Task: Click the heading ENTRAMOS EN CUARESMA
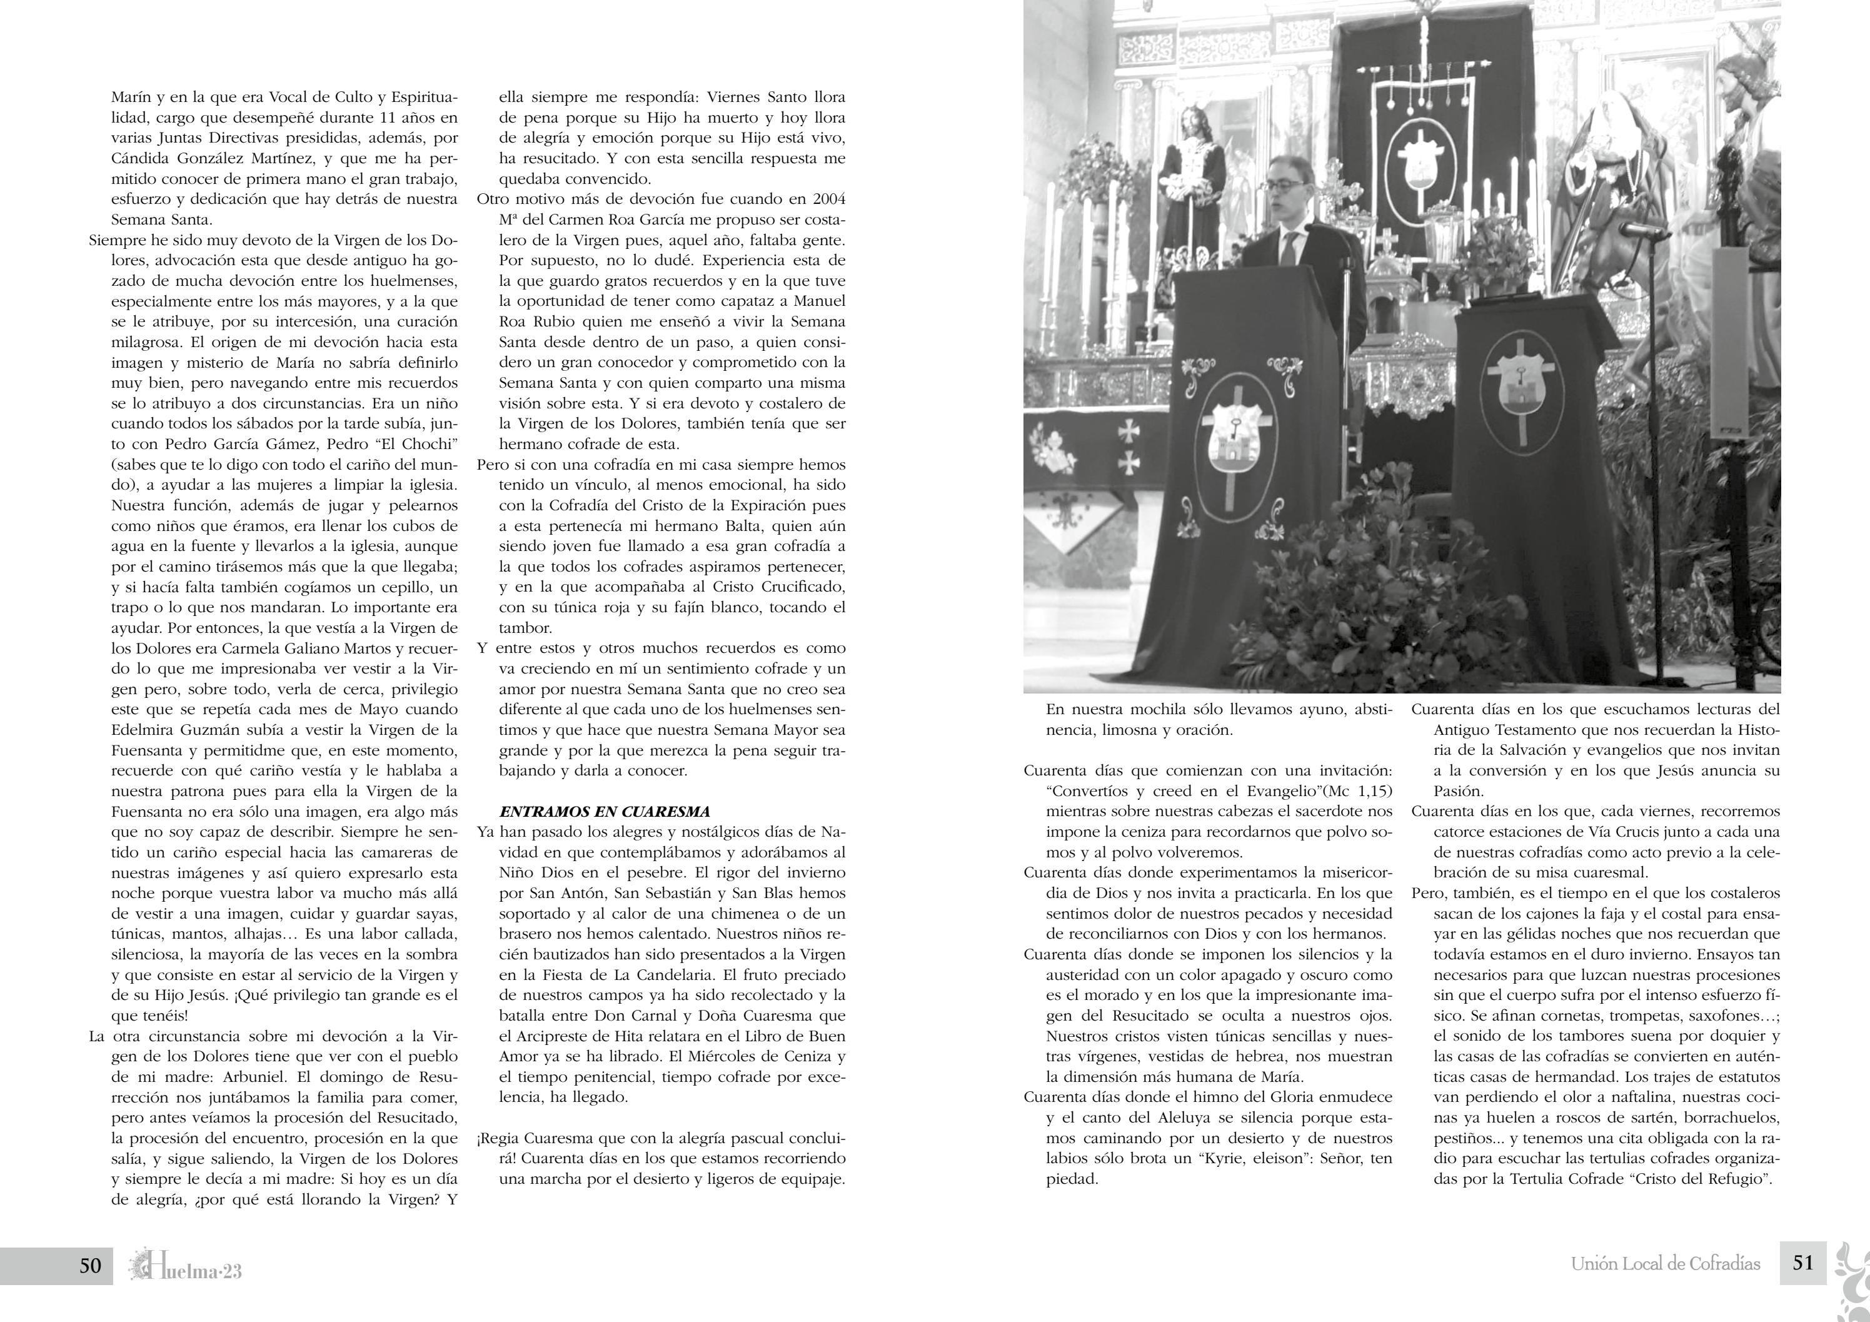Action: [605, 811]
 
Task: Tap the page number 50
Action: [91, 1265]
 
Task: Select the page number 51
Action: [1803, 1263]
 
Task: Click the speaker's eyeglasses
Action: [1289, 186]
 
